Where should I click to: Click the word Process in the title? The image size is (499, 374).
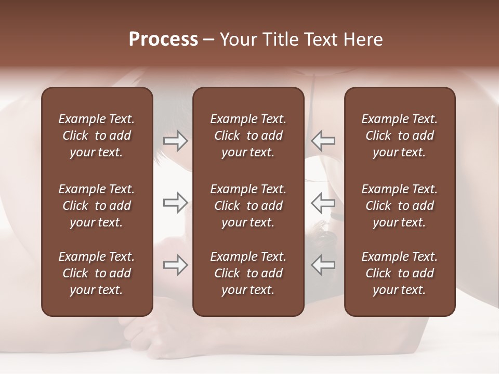pyautogui.click(x=163, y=39)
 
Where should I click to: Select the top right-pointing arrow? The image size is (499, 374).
pyautogui.click(x=175, y=141)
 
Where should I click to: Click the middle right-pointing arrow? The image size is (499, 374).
pyautogui.click(x=175, y=203)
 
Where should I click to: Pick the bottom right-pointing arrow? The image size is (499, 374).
pyautogui.click(x=175, y=265)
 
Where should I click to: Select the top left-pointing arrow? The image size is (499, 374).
pyautogui.click(x=323, y=141)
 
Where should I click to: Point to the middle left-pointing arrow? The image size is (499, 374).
pyautogui.click(x=323, y=203)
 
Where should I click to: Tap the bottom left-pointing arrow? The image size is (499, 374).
pyautogui.click(x=323, y=265)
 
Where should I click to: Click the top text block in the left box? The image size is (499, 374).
pyautogui.click(x=97, y=136)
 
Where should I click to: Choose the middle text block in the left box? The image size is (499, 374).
pyautogui.click(x=97, y=206)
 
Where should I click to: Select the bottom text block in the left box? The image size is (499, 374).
pyautogui.click(x=97, y=273)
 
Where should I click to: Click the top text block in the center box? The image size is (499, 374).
pyautogui.click(x=248, y=136)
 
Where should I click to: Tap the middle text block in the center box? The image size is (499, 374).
pyautogui.click(x=248, y=206)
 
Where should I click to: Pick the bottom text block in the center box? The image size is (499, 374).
pyautogui.click(x=248, y=273)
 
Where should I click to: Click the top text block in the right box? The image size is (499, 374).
pyautogui.click(x=399, y=136)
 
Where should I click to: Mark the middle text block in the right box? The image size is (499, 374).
pyautogui.click(x=399, y=206)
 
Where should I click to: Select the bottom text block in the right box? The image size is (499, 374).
pyautogui.click(x=399, y=273)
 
